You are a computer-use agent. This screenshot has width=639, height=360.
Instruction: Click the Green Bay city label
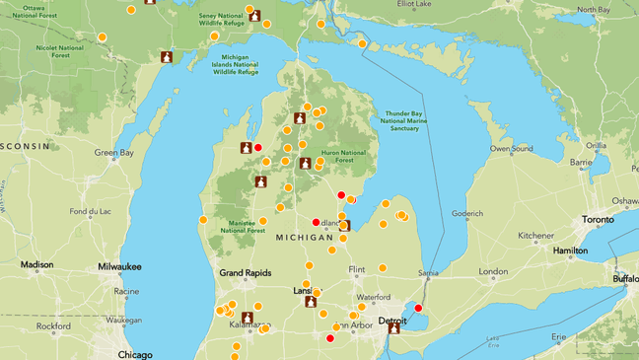pos(113,153)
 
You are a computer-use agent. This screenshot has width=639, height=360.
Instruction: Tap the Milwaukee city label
pos(119,267)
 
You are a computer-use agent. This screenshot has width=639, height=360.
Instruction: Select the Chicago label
pos(135,354)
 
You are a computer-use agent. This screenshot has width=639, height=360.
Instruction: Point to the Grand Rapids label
pos(245,272)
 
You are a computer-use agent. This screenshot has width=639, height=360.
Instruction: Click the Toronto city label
pos(598,220)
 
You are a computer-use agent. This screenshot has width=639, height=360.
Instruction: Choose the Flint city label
pos(357,269)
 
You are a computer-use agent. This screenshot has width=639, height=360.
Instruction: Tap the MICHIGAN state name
pos(304,238)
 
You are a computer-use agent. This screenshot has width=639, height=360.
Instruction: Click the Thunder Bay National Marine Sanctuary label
pos(403,120)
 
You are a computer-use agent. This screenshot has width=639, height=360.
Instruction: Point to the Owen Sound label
pos(513,149)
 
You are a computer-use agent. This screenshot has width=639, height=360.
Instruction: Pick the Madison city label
pos(36,264)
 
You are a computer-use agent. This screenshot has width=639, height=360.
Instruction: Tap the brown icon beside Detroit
pos(393,328)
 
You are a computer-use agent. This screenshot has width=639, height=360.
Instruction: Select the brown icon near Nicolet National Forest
pos(168,56)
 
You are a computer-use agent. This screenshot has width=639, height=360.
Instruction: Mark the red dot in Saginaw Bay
pos(341,194)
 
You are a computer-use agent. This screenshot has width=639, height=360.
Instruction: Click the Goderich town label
pos(466,213)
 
